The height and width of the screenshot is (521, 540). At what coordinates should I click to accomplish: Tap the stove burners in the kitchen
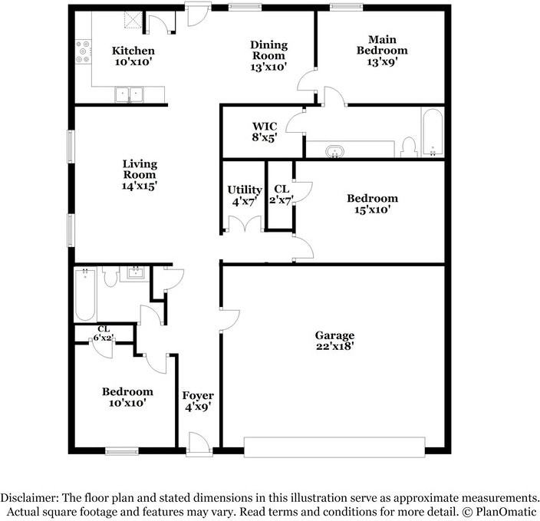(84, 51)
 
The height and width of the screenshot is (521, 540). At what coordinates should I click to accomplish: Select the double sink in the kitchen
(129, 94)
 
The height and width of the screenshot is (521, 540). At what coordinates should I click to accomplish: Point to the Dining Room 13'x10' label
(268, 55)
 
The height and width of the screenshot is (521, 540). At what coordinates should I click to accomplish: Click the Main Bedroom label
(382, 51)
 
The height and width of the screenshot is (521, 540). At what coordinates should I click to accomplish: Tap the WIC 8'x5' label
(265, 132)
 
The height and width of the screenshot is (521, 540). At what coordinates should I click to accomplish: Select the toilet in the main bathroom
(410, 147)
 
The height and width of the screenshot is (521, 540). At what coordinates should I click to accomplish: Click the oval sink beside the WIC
(334, 152)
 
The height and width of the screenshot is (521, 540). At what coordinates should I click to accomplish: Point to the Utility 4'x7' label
(245, 196)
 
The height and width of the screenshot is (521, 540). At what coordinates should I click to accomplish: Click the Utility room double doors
(244, 223)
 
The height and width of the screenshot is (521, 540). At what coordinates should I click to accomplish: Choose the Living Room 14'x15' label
(140, 174)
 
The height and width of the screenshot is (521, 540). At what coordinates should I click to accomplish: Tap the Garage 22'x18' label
(334, 341)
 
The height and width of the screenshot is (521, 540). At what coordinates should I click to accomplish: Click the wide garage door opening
(334, 447)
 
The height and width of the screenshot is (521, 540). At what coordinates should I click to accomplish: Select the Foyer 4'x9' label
(198, 401)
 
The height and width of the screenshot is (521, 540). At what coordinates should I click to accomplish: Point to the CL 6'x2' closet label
(104, 334)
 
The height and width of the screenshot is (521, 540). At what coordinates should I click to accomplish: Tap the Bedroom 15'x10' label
(372, 203)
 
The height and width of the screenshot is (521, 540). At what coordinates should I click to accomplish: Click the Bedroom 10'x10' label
(127, 397)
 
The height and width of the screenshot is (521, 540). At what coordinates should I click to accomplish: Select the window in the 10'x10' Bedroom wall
(121, 450)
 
